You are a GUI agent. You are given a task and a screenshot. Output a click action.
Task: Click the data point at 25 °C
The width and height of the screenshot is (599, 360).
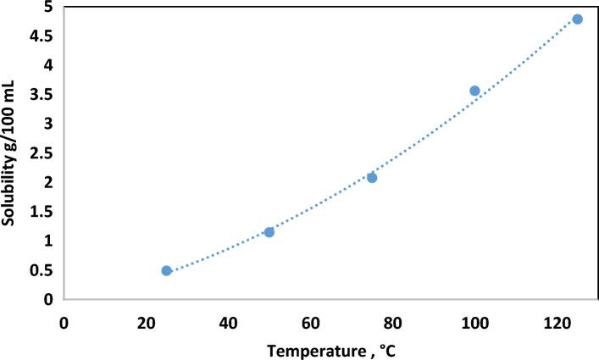167,270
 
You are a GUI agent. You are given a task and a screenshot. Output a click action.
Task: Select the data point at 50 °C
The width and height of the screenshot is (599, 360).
269,232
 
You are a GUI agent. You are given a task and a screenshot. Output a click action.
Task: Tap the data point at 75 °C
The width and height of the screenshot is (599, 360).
372,177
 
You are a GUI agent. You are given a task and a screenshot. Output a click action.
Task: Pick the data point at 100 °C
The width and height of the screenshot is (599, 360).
474,91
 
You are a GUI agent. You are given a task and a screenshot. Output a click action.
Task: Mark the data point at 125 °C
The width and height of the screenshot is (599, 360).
577,19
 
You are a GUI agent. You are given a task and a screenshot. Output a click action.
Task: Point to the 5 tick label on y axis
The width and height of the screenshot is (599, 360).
48,8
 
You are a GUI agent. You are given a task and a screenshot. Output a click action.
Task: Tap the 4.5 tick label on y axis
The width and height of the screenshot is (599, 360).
42,36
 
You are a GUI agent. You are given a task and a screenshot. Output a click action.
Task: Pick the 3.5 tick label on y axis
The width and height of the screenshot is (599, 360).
42,95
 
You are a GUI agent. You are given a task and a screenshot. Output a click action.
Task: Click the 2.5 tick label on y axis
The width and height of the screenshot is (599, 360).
42,153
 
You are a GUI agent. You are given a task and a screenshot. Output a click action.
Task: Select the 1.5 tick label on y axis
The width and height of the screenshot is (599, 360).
42,212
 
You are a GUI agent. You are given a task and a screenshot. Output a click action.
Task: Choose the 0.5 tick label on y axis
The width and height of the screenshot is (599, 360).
42,270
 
